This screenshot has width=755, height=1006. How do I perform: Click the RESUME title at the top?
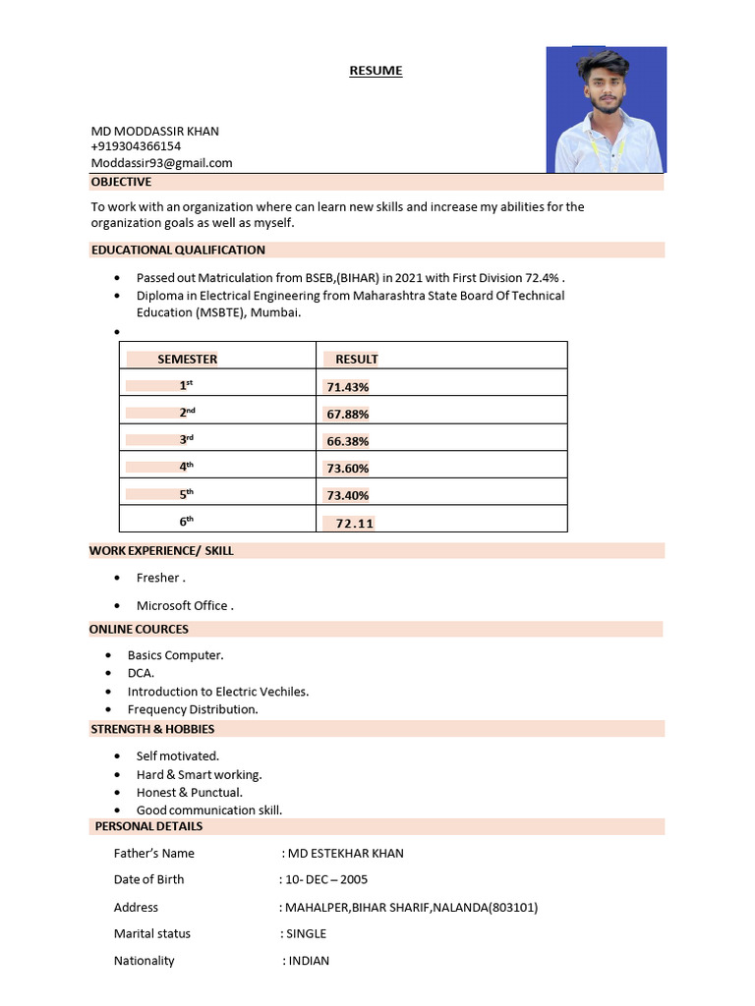point(376,71)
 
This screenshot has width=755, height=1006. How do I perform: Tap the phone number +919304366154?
point(136,146)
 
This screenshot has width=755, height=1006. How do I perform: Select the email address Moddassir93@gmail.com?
point(161,163)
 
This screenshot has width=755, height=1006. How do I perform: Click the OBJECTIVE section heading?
point(121,182)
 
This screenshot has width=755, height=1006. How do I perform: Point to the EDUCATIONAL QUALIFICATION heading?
point(178,250)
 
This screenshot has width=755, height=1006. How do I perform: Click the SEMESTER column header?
point(187,360)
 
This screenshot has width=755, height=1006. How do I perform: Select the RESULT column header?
point(356,360)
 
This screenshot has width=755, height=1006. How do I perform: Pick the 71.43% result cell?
point(347,387)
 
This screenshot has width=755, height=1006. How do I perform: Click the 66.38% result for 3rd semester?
point(347,441)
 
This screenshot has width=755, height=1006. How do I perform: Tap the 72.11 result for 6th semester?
point(354,524)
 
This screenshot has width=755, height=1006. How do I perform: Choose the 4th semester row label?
point(186,468)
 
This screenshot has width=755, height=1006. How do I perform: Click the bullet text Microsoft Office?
point(184,605)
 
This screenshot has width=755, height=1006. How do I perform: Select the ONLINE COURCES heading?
point(139,629)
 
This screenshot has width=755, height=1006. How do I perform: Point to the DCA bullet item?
point(141,673)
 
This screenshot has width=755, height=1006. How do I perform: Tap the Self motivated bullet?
point(177,755)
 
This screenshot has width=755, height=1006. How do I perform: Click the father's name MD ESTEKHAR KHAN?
point(345,853)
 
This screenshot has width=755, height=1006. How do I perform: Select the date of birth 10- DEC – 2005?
point(325,879)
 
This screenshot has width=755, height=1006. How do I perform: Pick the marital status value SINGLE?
point(306,933)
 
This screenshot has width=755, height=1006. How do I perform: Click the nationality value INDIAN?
point(309,961)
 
